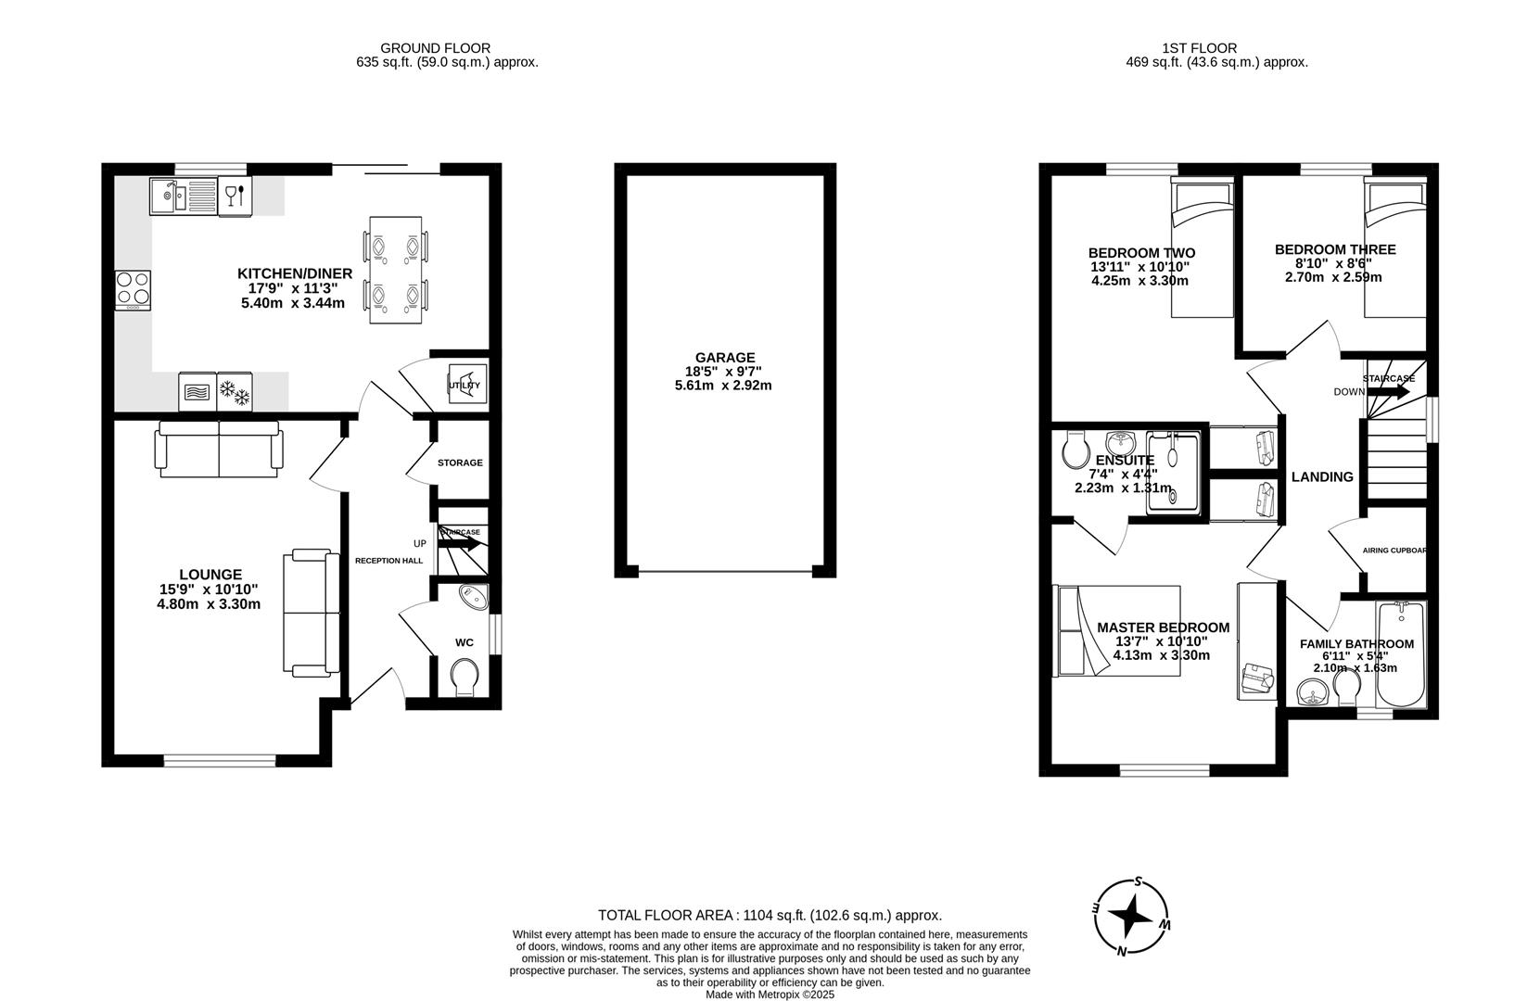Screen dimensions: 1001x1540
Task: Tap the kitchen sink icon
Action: (183, 196)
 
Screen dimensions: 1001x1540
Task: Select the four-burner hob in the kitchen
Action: (133, 289)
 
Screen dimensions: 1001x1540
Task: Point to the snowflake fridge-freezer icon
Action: (234, 392)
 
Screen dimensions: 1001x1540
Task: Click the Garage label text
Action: (724, 358)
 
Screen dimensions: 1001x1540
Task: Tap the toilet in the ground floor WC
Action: (464, 677)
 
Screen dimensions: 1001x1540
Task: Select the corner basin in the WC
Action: (474, 598)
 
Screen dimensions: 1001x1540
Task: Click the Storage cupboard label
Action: (460, 462)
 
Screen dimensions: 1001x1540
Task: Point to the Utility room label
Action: (465, 385)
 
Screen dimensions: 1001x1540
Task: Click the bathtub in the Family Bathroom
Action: (1400, 655)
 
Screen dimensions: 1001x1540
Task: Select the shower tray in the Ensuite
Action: (1173, 472)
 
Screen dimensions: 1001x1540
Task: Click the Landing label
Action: (1322, 476)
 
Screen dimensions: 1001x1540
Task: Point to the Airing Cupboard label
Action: (1394, 551)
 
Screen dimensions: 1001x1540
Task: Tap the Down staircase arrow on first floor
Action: (1388, 392)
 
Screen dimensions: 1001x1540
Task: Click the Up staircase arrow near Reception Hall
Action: (460, 544)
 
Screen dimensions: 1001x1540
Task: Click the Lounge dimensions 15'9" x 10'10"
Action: (209, 589)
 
